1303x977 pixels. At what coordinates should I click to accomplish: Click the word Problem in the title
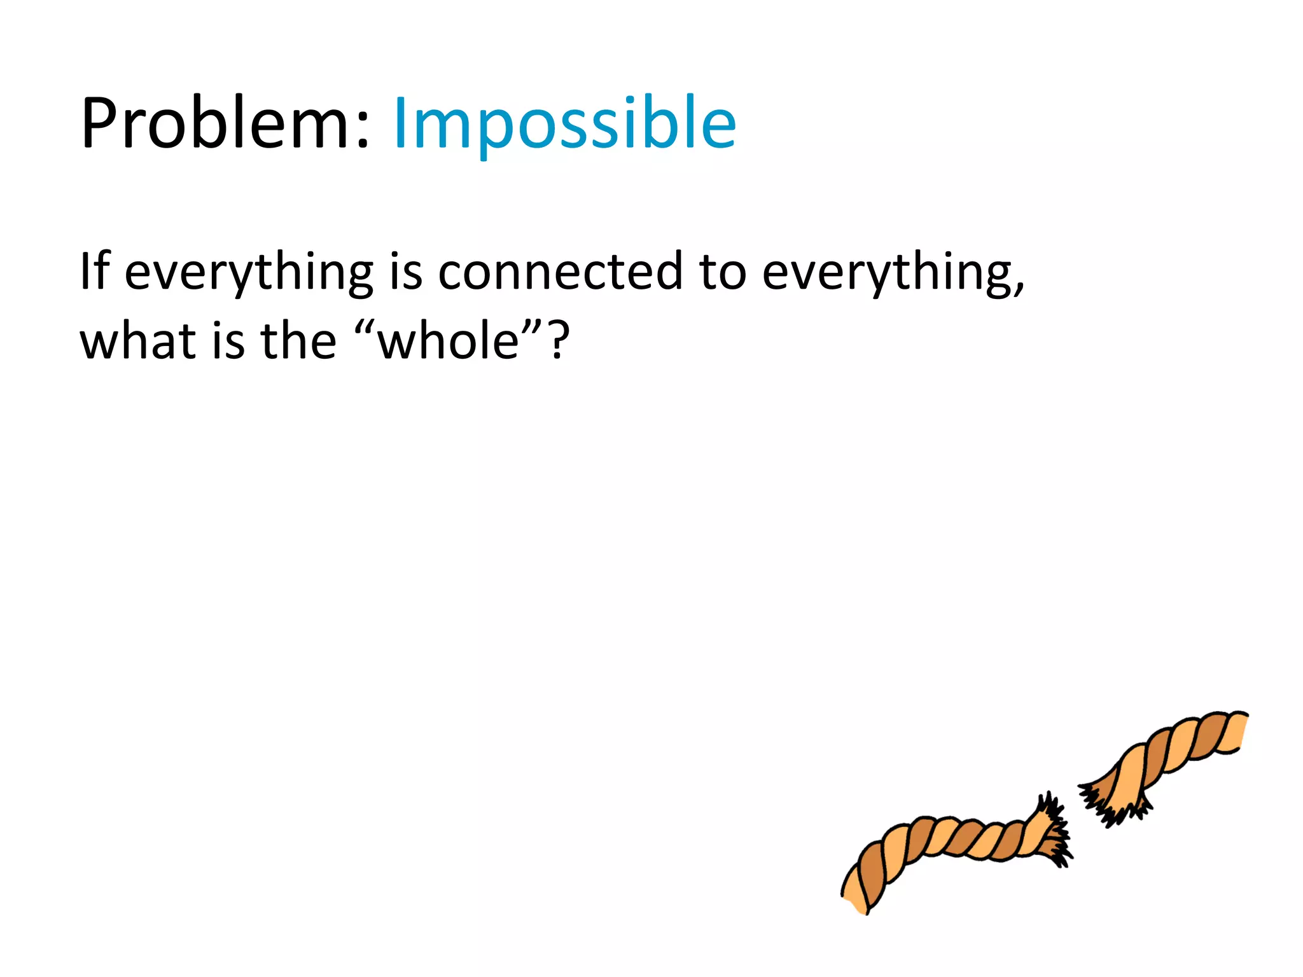click(x=216, y=124)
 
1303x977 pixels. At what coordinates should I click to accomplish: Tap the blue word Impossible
click(x=564, y=124)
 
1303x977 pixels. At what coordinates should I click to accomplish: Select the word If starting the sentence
click(x=94, y=271)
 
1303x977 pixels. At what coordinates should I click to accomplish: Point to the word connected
click(x=561, y=272)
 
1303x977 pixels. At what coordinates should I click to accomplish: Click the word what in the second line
click(x=137, y=341)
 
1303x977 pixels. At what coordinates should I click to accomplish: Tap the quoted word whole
click(x=449, y=342)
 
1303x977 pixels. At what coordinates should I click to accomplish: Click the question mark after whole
click(x=559, y=341)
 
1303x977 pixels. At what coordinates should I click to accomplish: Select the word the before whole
click(x=298, y=341)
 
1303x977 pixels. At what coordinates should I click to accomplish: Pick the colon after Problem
click(x=362, y=130)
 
